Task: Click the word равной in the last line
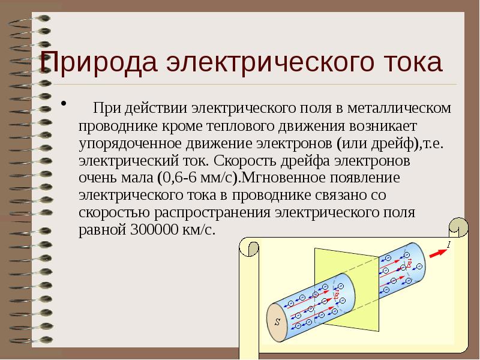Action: (101, 230)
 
